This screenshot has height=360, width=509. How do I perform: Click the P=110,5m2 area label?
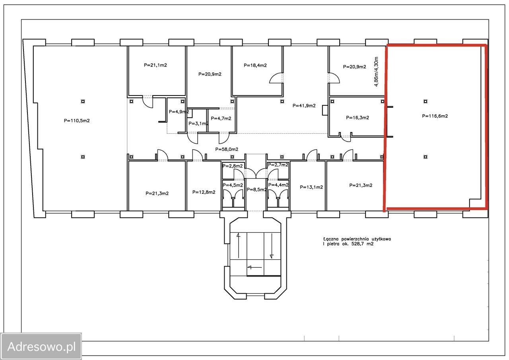[x=77, y=121]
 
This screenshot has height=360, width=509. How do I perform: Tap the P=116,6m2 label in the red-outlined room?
[x=435, y=116]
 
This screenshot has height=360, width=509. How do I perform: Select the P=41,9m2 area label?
[x=304, y=106]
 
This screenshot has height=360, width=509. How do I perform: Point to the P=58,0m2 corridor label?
[x=227, y=149]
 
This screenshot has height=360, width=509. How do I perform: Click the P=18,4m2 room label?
[x=255, y=66]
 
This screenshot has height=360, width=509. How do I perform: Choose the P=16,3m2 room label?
[x=357, y=118]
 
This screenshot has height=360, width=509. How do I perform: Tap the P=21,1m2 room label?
[x=155, y=65]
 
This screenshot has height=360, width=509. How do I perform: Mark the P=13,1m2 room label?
[x=311, y=187]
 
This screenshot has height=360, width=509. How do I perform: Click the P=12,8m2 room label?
[x=204, y=192]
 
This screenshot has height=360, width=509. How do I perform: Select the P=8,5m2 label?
[x=256, y=189]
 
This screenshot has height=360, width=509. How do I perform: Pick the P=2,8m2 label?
[x=233, y=166]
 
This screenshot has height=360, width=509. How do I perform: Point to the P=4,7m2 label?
[x=221, y=119]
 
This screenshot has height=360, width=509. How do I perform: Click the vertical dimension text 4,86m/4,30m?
[x=376, y=72]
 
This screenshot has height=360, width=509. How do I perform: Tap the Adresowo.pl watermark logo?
[x=41, y=346]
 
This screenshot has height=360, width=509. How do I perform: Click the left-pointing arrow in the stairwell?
[x=255, y=267]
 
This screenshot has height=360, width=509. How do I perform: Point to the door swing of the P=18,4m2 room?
[x=276, y=78]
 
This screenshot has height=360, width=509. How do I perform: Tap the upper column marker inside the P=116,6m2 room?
[x=425, y=101]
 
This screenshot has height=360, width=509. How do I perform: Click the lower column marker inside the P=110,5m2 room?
[x=83, y=157]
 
